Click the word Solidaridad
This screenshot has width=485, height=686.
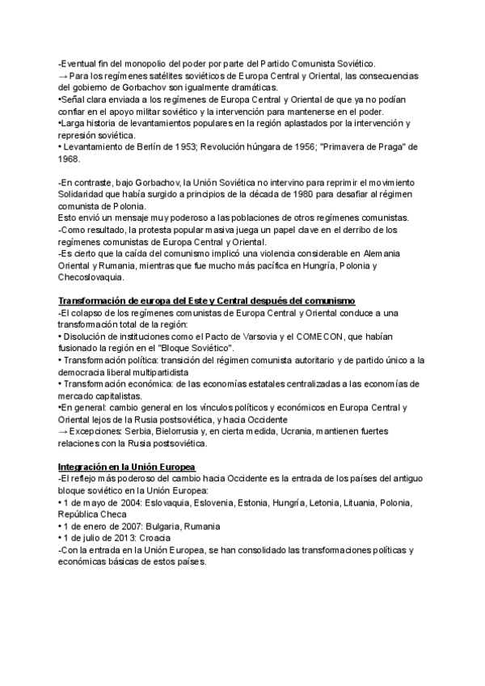[85, 196]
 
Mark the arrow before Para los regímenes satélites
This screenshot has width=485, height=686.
[63, 75]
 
